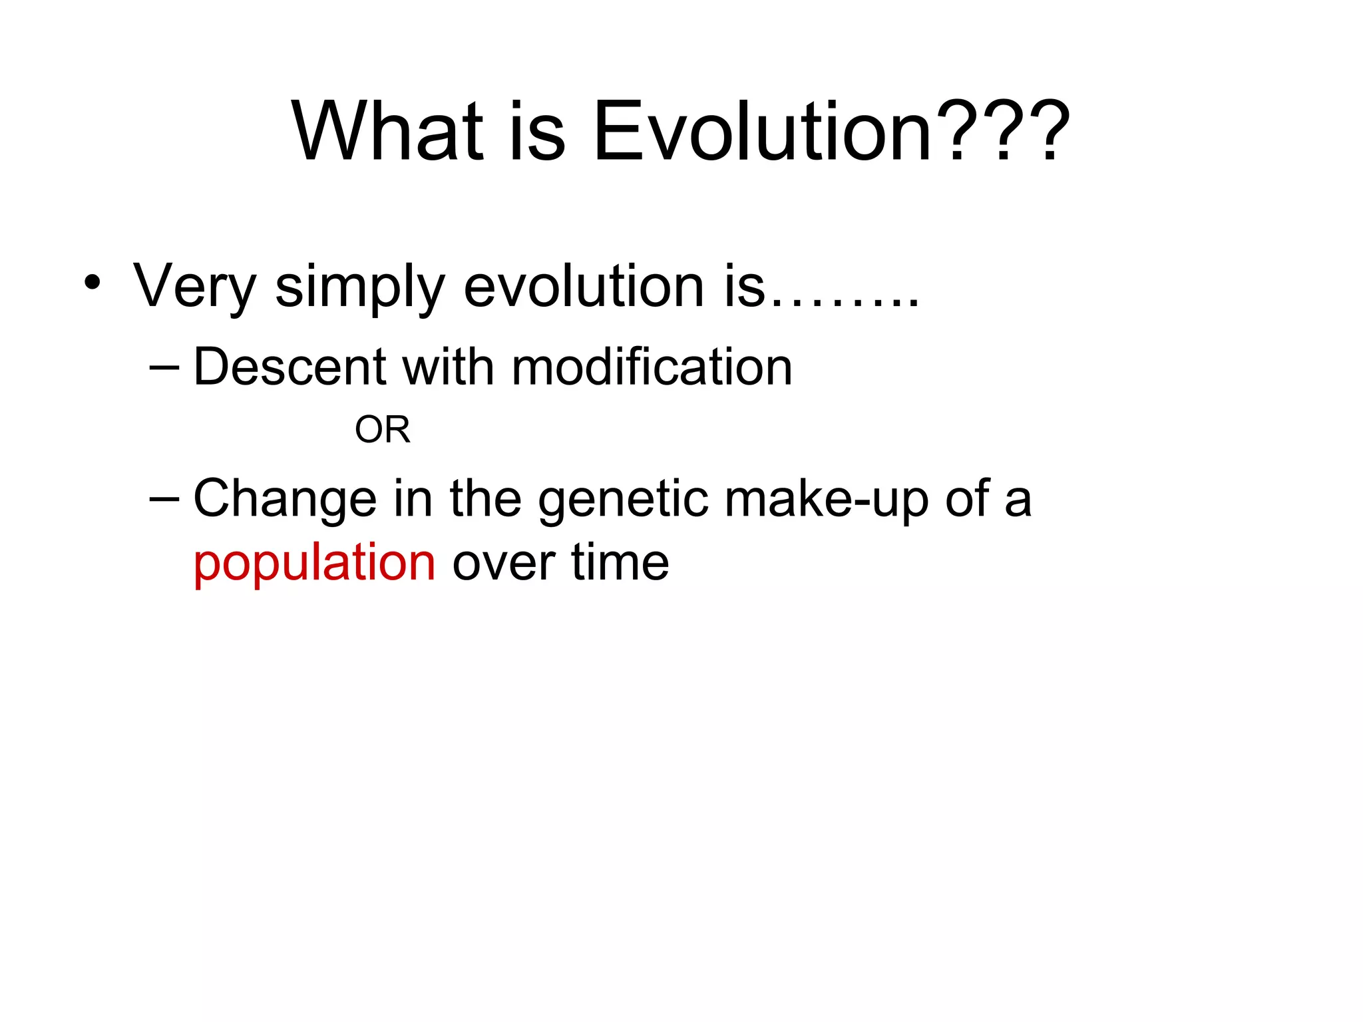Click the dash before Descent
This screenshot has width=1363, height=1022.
(x=165, y=367)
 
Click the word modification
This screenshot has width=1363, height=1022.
(x=652, y=367)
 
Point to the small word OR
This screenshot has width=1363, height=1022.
(x=382, y=430)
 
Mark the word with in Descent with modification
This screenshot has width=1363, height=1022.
(x=449, y=367)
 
